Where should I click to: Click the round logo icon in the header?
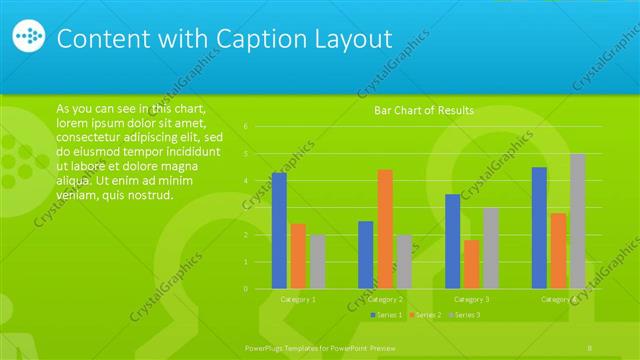pos(29,38)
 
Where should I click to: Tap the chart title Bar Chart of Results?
pos(424,110)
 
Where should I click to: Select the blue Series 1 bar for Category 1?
pos(279,231)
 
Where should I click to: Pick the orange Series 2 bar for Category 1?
pos(298,256)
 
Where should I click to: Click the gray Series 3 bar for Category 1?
pos(317,262)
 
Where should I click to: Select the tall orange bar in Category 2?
pos(384,229)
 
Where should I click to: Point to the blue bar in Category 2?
pos(365,255)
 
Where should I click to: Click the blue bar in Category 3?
pos(452,241)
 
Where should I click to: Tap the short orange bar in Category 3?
pos(471,264)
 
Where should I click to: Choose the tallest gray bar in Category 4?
pos(577,221)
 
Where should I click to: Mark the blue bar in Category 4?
pos(539,228)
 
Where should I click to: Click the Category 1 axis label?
pos(298,299)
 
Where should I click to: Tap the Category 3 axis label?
pos(471,299)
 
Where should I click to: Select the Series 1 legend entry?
pos(387,315)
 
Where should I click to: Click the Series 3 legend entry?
pos(466,315)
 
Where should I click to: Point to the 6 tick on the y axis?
pos(259,127)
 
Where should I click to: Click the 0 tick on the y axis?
pos(259,289)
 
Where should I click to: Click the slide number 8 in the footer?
pos(591,346)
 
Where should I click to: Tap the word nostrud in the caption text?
pos(152,195)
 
